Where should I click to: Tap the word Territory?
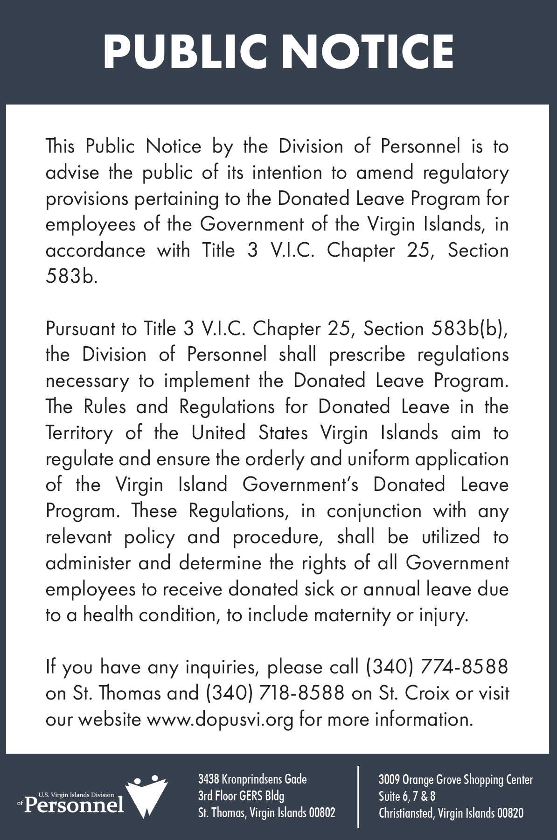(79, 433)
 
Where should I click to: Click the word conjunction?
(374, 511)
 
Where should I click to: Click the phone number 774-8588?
(464, 667)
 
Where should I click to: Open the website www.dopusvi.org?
(220, 719)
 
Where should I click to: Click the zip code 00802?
(321, 812)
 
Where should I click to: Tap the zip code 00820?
(510, 813)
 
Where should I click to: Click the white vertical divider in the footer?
(358, 796)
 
